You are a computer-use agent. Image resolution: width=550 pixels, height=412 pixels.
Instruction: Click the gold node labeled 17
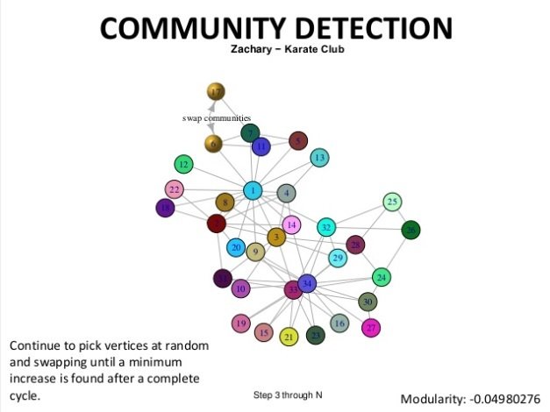pyautogui.click(x=216, y=91)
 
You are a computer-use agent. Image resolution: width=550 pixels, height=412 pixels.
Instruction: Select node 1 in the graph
pyautogui.click(x=254, y=190)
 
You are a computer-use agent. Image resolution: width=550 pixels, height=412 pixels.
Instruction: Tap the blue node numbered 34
pyautogui.click(x=307, y=283)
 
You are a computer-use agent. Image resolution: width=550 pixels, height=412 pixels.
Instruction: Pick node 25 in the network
pyautogui.click(x=392, y=202)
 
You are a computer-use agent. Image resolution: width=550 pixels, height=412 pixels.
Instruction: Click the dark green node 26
pyautogui.click(x=411, y=231)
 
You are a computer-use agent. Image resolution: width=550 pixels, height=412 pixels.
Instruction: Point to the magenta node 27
pyautogui.click(x=371, y=328)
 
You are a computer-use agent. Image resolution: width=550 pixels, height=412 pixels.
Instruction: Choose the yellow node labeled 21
pyautogui.click(x=289, y=337)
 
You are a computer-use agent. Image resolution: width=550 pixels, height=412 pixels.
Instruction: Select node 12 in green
pyautogui.click(x=183, y=164)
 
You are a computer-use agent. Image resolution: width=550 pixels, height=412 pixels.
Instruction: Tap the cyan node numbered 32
pyautogui.click(x=326, y=228)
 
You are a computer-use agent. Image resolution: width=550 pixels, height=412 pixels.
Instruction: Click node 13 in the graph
pyautogui.click(x=320, y=158)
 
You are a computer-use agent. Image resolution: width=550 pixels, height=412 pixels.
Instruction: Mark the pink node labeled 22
pyautogui.click(x=175, y=189)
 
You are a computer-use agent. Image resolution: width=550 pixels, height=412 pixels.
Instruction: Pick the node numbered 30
pyautogui.click(x=368, y=302)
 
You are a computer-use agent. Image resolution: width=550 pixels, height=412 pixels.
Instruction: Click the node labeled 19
pyautogui.click(x=241, y=324)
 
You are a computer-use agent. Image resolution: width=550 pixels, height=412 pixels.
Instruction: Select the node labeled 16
pyautogui.click(x=339, y=324)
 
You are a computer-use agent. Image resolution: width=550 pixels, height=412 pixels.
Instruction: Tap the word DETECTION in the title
pyautogui.click(x=368, y=28)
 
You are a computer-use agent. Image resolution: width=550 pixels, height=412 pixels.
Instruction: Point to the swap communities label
pyautogui.click(x=217, y=117)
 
